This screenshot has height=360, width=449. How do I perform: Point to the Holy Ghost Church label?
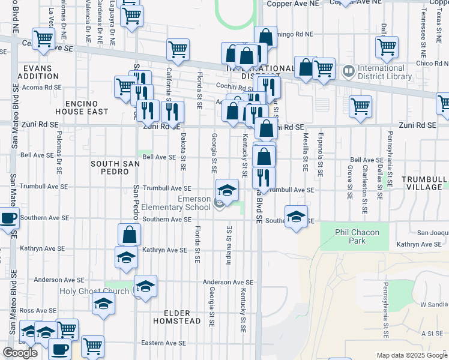coord(95,291)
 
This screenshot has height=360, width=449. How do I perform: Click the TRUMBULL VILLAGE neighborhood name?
coord(424,183)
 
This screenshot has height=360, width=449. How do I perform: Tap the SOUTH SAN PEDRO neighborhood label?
coord(115,167)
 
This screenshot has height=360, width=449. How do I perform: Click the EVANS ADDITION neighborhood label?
coord(38,72)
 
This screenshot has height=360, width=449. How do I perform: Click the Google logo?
coord(20,353)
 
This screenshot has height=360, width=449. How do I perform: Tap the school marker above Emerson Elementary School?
coord(226,191)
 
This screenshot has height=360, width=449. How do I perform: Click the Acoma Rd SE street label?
coord(41,87)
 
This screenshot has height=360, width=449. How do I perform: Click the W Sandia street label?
coord(434,304)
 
